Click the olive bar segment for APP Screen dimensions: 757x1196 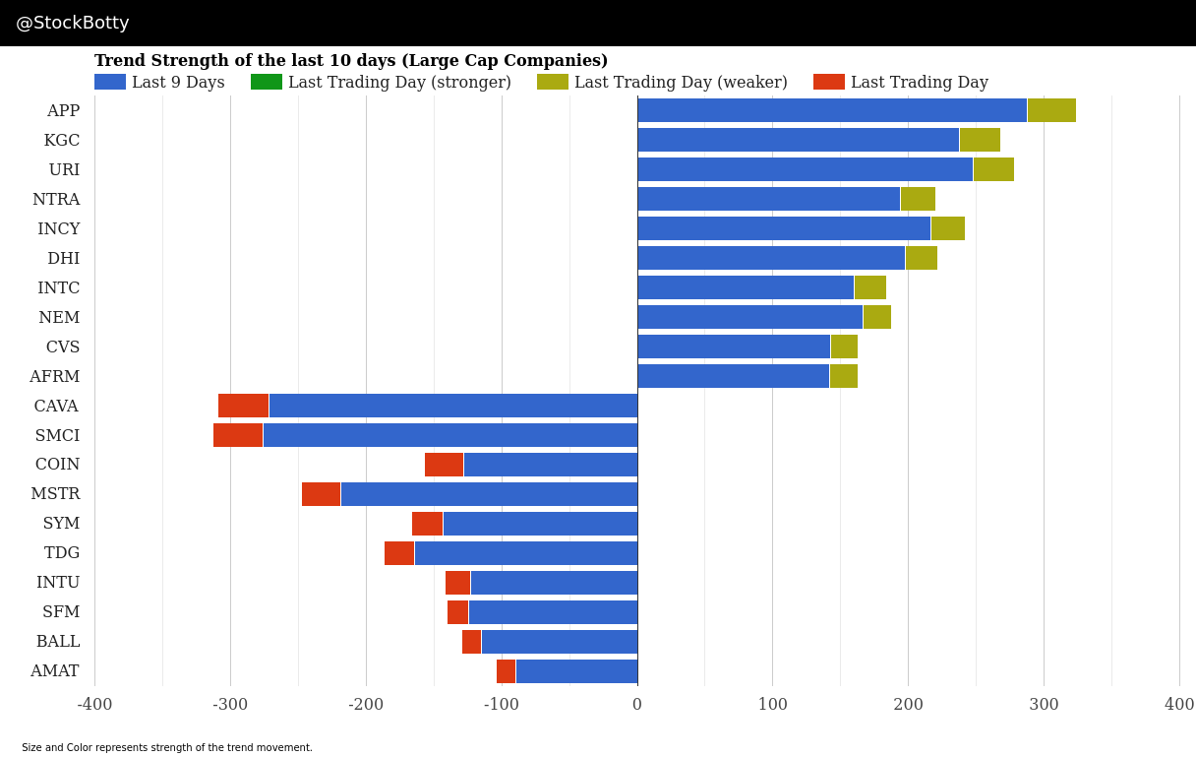coord(1051,110)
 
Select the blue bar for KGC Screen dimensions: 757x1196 coord(798,140)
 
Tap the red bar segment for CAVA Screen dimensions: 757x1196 coord(243,406)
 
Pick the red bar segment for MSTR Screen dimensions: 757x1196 coord(321,494)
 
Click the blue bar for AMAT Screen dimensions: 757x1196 coord(576,671)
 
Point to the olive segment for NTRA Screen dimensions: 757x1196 coord(918,199)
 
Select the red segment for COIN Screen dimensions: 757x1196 coord(444,465)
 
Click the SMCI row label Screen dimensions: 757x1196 coord(57,435)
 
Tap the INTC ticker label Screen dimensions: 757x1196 coord(58,287)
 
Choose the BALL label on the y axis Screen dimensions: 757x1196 coord(58,642)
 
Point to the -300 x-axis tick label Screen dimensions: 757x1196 coord(230,704)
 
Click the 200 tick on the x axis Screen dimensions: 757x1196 coord(908,704)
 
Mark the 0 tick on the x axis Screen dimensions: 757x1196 coord(637,704)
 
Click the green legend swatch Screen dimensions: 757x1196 coord(267,82)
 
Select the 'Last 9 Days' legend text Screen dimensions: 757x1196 coord(178,82)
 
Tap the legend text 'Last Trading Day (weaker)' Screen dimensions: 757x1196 coord(681,82)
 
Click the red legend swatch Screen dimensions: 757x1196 coord(829,82)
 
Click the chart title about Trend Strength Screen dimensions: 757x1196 coord(351,61)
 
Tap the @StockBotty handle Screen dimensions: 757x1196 coord(73,23)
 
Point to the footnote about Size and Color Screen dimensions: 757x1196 coord(167,747)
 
